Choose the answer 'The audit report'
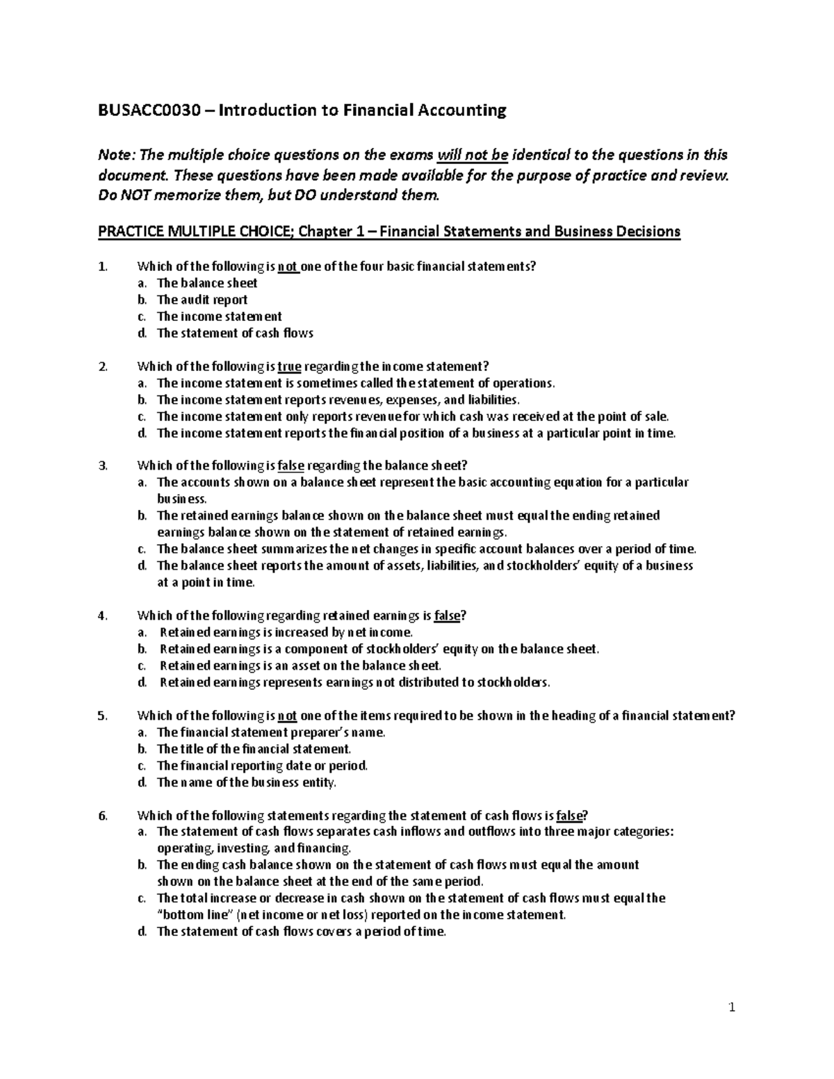click(x=202, y=299)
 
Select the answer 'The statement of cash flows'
click(x=235, y=333)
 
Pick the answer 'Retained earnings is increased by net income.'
click(x=286, y=632)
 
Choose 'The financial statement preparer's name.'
click(x=270, y=732)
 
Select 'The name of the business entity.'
click(x=246, y=782)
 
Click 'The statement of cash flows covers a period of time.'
click(x=300, y=932)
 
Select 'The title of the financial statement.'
click(x=254, y=749)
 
